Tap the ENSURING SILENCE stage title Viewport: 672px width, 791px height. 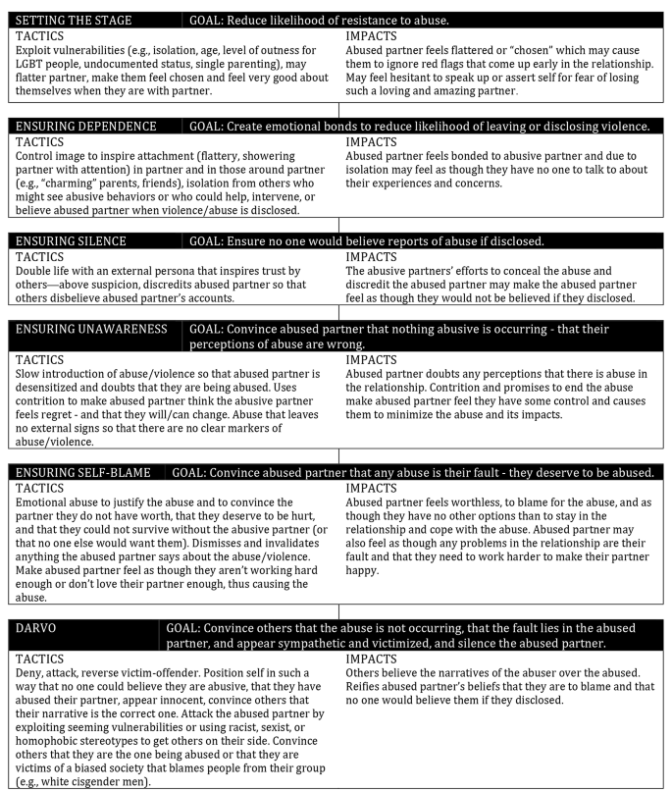tap(72, 240)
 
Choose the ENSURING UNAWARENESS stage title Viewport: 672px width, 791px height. tap(90, 328)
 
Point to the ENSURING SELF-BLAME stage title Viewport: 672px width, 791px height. tap(82, 472)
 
